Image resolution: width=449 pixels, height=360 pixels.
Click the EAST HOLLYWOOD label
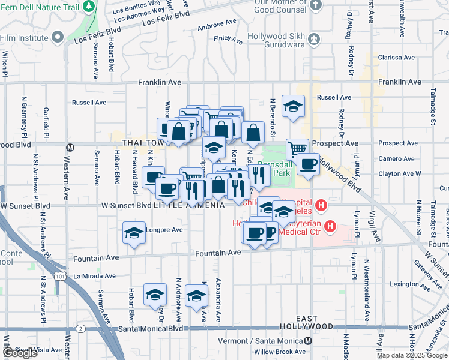307,322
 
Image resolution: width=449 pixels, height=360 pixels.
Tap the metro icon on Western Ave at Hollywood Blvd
70,147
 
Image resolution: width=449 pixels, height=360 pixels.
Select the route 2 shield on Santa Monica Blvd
80,329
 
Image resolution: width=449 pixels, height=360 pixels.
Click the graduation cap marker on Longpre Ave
134,233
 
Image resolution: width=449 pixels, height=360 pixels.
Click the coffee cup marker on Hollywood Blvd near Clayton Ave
309,164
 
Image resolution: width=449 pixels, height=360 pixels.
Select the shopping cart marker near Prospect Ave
297,148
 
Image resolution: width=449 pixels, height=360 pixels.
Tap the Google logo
20,353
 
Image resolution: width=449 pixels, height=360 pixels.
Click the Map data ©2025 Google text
412,355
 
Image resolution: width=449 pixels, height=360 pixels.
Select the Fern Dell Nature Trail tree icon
89,6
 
